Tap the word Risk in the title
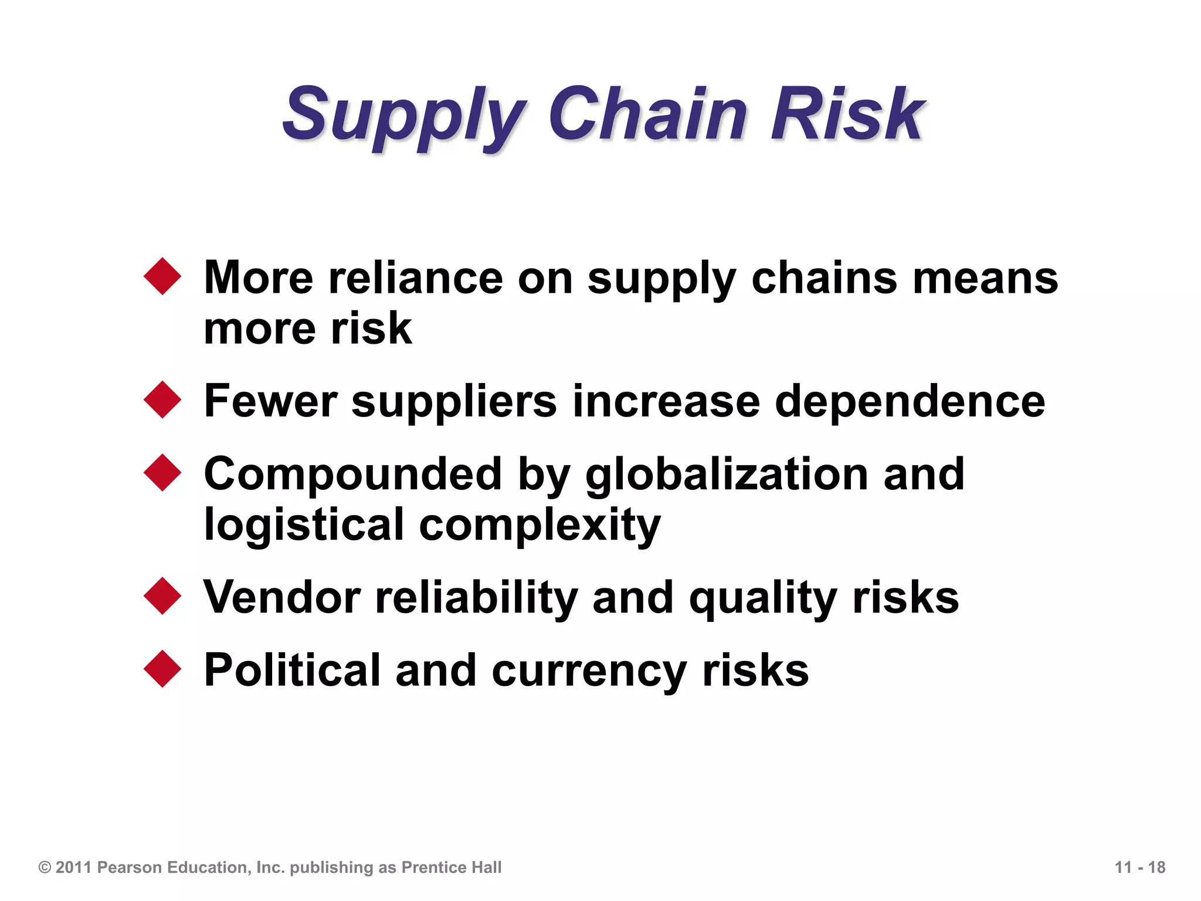848,114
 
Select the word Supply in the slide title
405,117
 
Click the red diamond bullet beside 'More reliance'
162,276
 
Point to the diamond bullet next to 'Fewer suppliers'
162,400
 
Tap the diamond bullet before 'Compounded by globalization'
162,473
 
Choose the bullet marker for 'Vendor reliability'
162,596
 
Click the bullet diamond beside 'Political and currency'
162,669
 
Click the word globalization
727,475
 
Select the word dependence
910,402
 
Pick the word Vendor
281,598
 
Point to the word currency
589,673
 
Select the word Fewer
270,402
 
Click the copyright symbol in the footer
45,868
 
